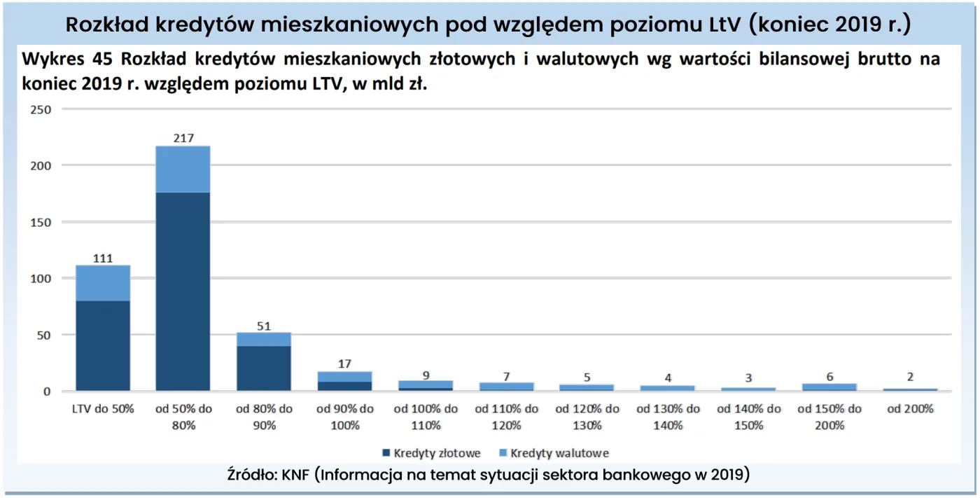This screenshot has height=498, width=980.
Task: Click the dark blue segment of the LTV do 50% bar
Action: click(x=103, y=345)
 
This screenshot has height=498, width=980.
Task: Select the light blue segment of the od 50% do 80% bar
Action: click(x=183, y=169)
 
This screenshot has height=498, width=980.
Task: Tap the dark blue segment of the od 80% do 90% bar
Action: click(x=264, y=368)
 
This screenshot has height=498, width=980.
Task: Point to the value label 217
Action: click(x=183, y=138)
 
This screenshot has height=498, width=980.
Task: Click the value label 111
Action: click(x=103, y=258)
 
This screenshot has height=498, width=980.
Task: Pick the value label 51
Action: click(x=264, y=325)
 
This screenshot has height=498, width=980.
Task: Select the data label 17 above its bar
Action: click(x=344, y=364)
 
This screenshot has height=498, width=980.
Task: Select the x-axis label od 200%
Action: click(x=910, y=409)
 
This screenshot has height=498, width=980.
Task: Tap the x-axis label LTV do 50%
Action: click(x=103, y=409)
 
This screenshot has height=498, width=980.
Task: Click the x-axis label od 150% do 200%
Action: click(x=829, y=417)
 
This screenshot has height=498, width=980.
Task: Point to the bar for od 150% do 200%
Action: click(x=829, y=387)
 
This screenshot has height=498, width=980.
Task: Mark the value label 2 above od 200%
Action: click(x=910, y=377)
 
